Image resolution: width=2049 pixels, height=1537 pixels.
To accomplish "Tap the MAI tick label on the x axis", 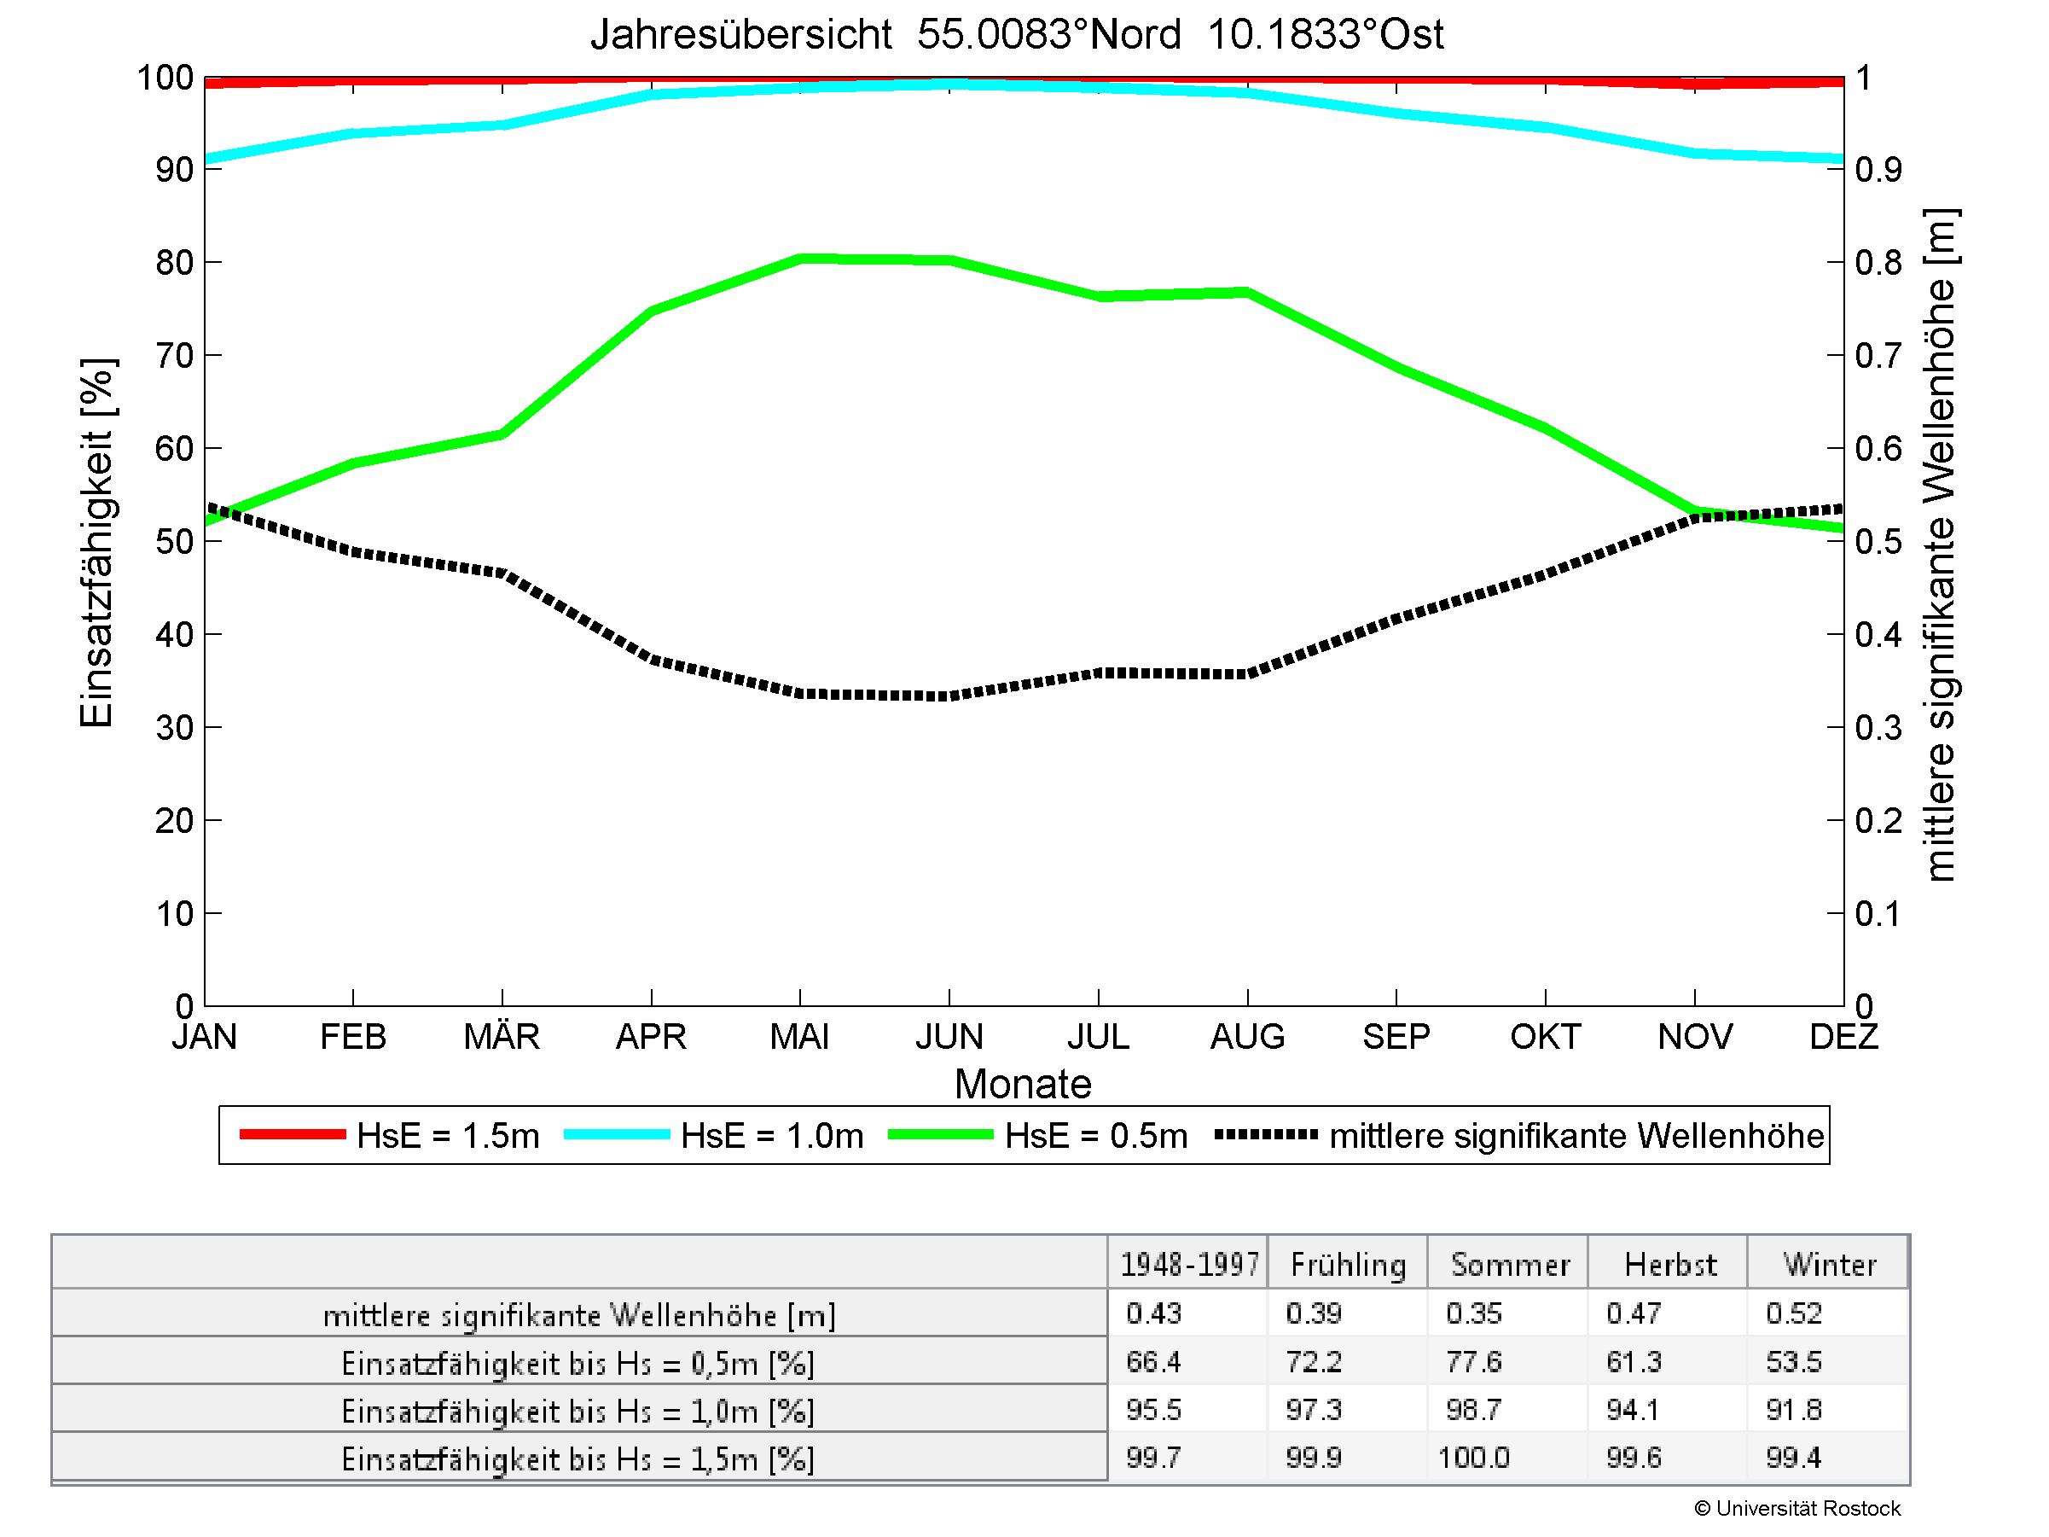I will point(799,1036).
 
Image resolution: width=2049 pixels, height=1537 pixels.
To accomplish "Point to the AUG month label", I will point(1247,1036).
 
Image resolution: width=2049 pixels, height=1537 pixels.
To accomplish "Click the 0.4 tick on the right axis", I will point(1878,635).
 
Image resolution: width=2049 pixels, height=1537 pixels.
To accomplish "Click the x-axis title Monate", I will point(1023,1084).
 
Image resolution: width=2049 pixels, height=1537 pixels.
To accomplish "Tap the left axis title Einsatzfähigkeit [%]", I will point(96,542).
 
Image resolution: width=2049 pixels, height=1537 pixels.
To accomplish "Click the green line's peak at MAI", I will point(800,259).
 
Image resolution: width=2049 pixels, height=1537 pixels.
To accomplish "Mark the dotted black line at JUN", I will point(949,696).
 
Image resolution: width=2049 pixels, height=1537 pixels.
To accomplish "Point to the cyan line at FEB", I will point(353,133).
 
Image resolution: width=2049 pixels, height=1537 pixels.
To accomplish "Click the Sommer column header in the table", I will point(1509,1265).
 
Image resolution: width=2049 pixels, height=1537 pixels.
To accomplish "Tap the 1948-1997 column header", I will point(1189,1265).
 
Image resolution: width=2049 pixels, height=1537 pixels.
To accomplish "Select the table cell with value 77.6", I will point(1473,1362).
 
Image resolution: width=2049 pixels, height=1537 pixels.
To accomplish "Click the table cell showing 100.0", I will point(1473,1458).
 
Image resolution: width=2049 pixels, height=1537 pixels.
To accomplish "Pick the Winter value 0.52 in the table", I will point(1793,1313).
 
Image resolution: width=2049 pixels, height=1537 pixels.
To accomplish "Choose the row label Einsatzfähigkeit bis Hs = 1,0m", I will point(578,1411).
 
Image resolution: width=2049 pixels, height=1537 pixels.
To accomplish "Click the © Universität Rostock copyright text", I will point(1797,1509).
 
